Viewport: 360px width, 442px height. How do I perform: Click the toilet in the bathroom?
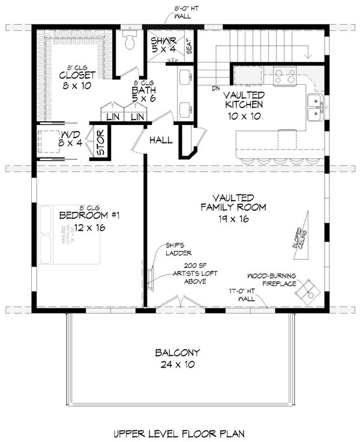pyautogui.click(x=127, y=41)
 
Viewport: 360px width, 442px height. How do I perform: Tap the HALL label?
pyautogui.click(x=161, y=141)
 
